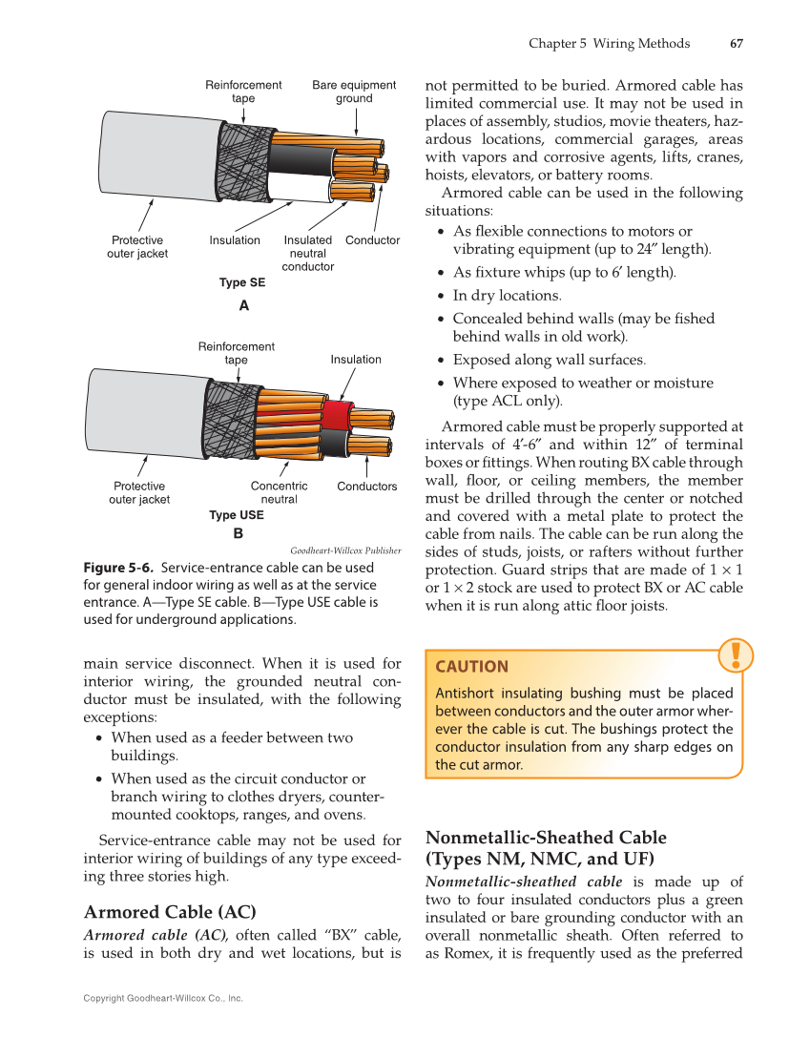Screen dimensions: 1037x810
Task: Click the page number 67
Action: click(736, 43)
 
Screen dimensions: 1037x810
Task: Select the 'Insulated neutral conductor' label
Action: click(307, 253)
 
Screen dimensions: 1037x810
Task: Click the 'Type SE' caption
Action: click(242, 282)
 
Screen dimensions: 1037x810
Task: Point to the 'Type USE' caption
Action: click(237, 515)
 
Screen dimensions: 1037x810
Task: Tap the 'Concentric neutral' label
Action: click(279, 492)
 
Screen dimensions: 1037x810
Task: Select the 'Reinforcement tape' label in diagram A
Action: click(243, 92)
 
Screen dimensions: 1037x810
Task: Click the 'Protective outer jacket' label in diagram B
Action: click(139, 492)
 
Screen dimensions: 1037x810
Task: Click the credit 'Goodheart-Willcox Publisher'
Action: click(345, 550)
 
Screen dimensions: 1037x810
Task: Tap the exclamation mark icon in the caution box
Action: click(736, 655)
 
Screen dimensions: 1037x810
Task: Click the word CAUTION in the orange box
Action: click(471, 666)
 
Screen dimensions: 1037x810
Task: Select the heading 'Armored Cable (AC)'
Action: click(170, 911)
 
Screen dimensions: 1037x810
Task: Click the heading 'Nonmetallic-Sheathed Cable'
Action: click(546, 837)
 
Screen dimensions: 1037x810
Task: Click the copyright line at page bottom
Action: click(163, 998)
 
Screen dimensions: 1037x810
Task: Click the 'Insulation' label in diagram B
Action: click(356, 360)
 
